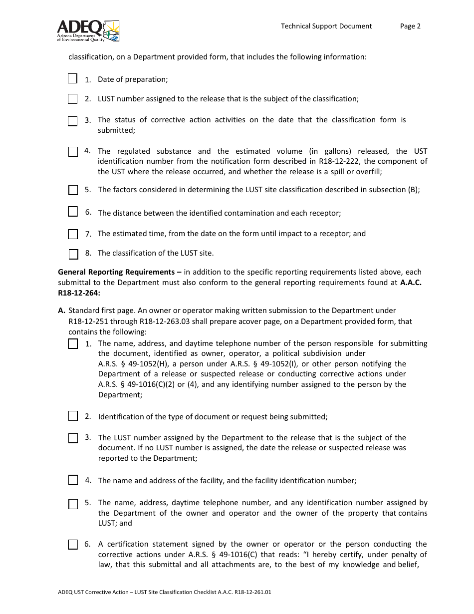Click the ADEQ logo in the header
(88, 30)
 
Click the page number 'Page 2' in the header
(410, 26)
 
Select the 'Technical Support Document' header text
(326, 26)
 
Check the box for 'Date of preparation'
(73, 79)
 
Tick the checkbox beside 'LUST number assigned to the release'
(73, 99)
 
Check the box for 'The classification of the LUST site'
(73, 254)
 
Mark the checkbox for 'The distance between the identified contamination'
(73, 212)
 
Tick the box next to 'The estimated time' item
(73, 234)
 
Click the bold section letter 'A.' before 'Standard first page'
(62, 310)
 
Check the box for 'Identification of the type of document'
(73, 416)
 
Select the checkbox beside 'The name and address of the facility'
(73, 480)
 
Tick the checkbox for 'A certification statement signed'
(73, 545)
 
